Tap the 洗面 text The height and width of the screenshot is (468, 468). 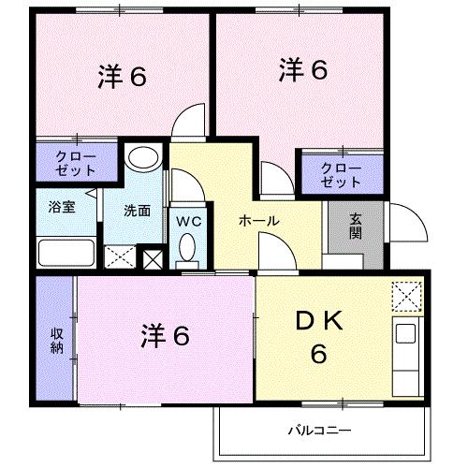[x=138, y=210]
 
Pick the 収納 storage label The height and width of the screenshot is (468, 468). [x=54, y=340]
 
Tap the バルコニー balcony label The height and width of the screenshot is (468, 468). [x=318, y=431]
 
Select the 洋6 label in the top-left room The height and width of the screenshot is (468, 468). [x=122, y=78]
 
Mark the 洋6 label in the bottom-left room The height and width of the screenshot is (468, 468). [x=166, y=334]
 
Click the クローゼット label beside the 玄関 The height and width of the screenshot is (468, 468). [x=340, y=174]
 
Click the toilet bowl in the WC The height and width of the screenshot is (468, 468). [x=186, y=250]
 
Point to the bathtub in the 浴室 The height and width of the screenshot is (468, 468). [x=65, y=254]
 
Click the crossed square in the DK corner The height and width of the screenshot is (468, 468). [x=407, y=298]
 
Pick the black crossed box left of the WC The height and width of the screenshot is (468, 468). [x=153, y=256]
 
